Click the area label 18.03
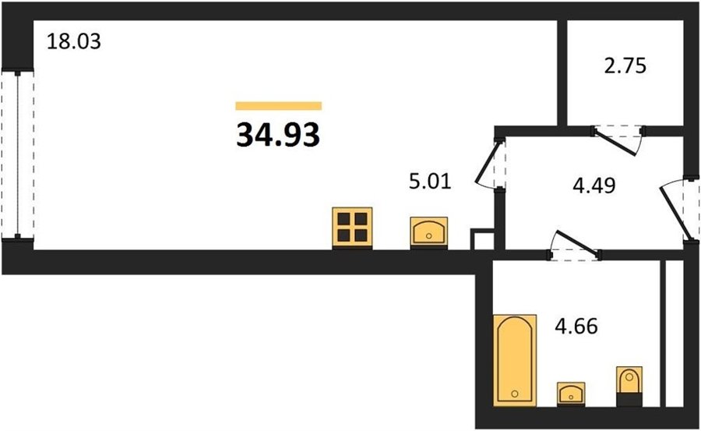pos(74,41)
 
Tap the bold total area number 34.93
pos(278,135)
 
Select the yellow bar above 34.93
pos(279,106)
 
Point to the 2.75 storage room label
pos(625,65)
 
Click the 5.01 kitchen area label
pos(430,182)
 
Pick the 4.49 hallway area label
pos(594,185)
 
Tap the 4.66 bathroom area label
pos(576,327)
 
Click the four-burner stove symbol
pos(352,228)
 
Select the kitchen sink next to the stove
pos(429,232)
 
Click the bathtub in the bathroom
pos(515,360)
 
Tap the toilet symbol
pos(629,387)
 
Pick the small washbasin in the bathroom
pos(571,394)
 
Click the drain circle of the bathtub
pos(515,394)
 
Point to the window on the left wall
pos(17,154)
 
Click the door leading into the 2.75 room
pos(618,140)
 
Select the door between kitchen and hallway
pos(491,164)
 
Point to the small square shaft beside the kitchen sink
pos(482,239)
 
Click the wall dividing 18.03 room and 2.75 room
pos(562,73)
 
